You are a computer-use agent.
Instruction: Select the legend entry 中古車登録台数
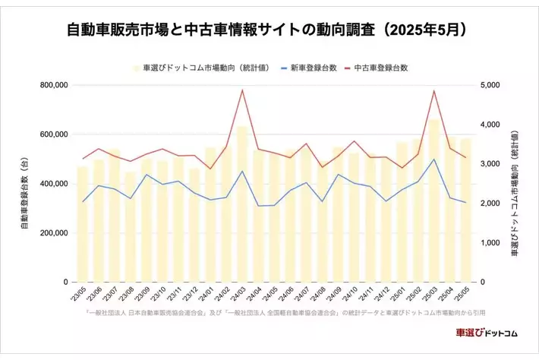pos(381,68)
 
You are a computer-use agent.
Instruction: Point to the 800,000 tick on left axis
pos(52,85)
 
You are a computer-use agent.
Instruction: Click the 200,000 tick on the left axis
pos(52,233)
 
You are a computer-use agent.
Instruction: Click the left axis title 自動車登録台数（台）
pos(26,184)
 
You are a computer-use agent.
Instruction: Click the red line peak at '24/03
pos(242,90)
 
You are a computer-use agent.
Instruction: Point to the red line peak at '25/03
pos(433,90)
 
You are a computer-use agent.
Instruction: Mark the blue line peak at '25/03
pos(433,159)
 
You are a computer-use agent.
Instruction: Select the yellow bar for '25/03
pos(433,205)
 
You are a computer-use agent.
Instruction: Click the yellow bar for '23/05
pos(83,228)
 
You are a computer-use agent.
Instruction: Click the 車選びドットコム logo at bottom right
pos(486,333)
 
